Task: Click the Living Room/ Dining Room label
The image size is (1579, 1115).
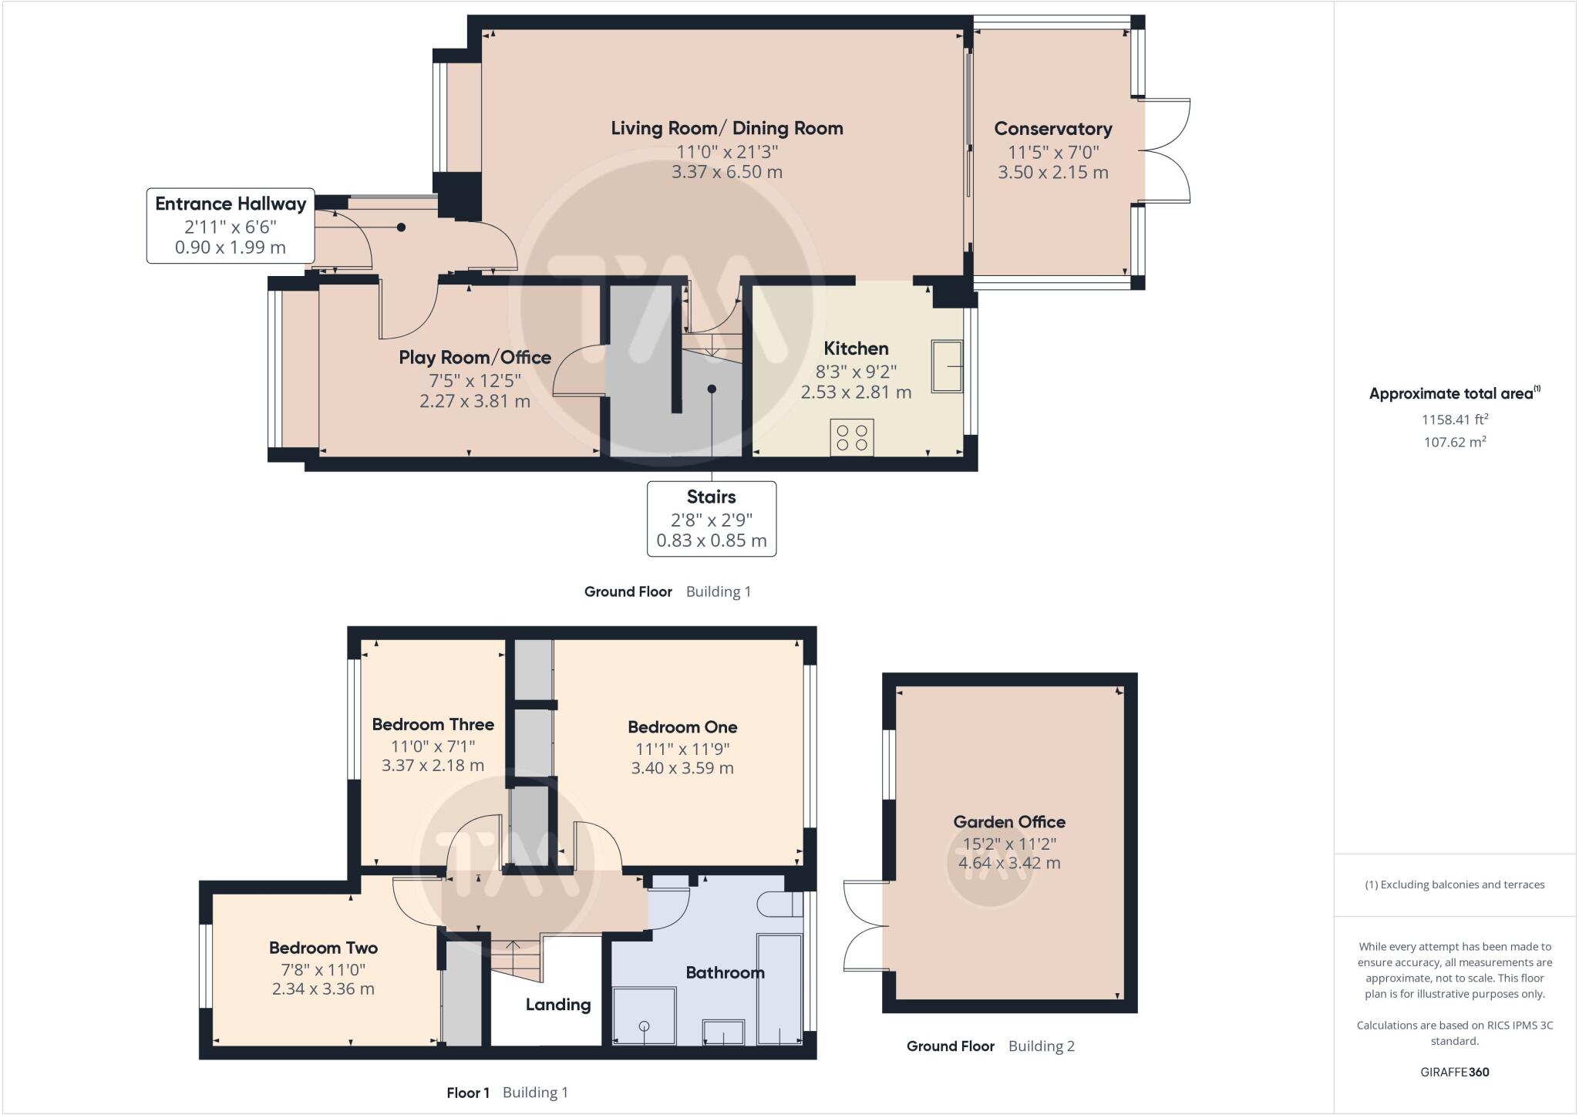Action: [x=727, y=128]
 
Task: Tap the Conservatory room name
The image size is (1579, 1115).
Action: [x=1053, y=129]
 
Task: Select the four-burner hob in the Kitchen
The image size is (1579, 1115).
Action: [x=852, y=437]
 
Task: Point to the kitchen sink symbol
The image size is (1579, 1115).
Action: [x=947, y=366]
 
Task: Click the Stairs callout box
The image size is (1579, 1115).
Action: [x=712, y=518]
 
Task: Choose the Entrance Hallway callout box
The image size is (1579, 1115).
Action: [x=231, y=225]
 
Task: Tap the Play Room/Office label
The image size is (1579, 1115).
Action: [x=475, y=357]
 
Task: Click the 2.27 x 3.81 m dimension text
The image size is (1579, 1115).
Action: [x=475, y=401]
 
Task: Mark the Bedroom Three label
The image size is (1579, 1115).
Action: [x=433, y=724]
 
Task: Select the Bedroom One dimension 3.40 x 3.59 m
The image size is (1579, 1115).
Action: [x=682, y=768]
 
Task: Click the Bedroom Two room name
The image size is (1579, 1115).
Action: [x=323, y=948]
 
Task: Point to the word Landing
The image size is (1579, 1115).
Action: [x=558, y=1005]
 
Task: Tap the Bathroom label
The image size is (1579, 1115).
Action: [x=726, y=972]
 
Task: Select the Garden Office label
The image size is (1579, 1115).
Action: [x=1009, y=822]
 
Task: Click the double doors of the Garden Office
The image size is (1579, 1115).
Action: [x=864, y=925]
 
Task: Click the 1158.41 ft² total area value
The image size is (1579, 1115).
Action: [x=1455, y=419]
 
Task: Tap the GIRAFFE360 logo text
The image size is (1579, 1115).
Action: [x=1455, y=1072]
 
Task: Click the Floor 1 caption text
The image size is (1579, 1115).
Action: [x=468, y=1093]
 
